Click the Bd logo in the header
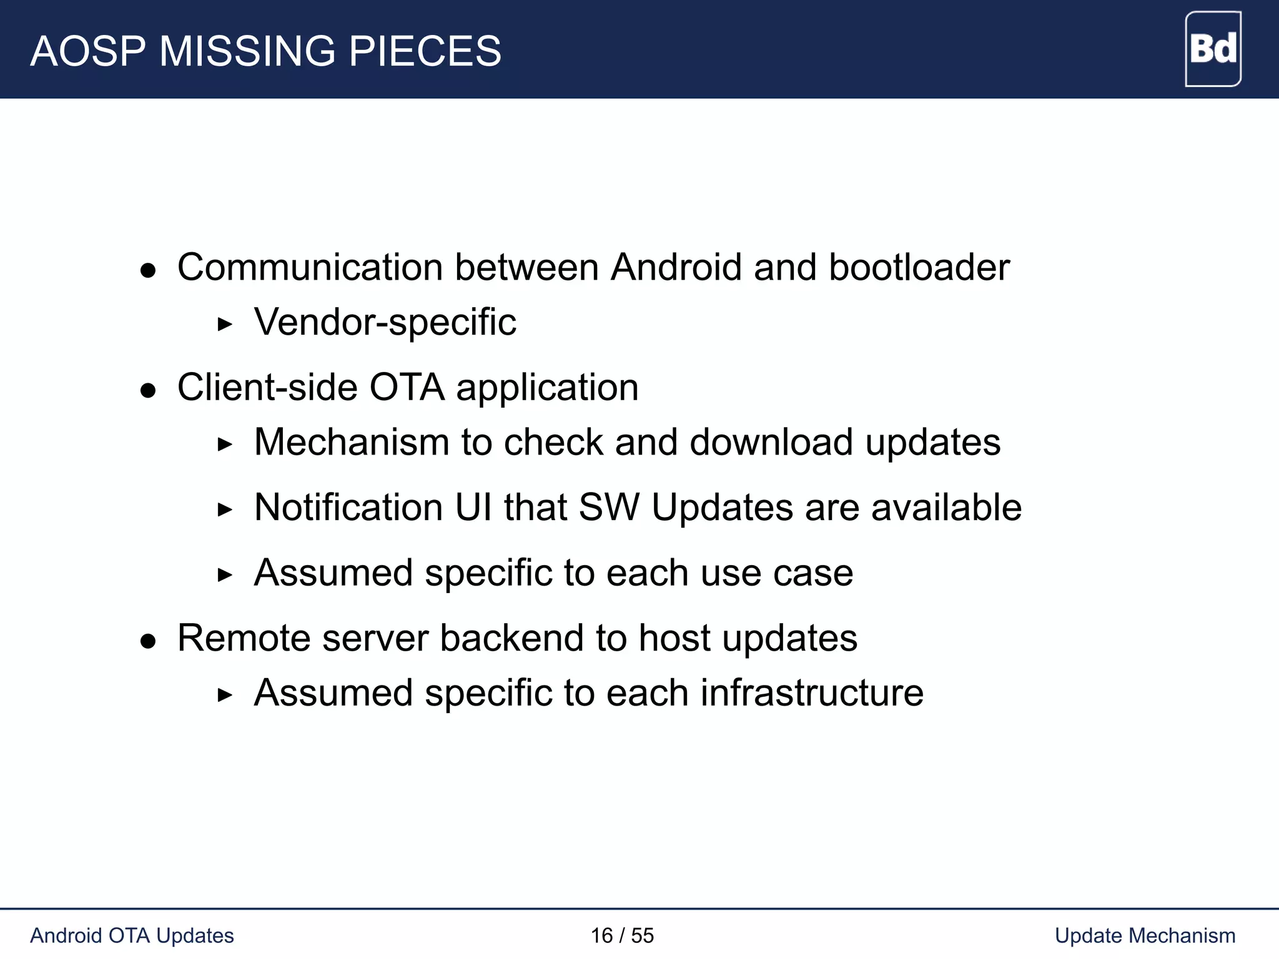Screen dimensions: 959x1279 (x=1212, y=49)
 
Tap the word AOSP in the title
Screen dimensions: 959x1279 (x=88, y=51)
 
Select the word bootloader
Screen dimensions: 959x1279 (x=919, y=267)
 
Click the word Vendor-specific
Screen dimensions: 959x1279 (x=385, y=322)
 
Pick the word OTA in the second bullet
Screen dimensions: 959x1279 (x=407, y=387)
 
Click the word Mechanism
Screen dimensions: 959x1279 (x=352, y=442)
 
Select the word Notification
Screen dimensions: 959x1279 (x=348, y=507)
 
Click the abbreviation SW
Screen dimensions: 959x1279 (x=609, y=507)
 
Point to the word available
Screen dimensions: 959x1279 (x=946, y=507)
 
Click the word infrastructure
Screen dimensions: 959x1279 (x=812, y=693)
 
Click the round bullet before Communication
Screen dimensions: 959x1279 (x=148, y=270)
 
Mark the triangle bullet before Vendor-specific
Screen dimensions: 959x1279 (x=224, y=324)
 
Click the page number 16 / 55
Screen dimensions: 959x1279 (x=622, y=936)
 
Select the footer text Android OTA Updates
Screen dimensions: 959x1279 (x=132, y=936)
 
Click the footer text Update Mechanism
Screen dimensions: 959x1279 (x=1145, y=936)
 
